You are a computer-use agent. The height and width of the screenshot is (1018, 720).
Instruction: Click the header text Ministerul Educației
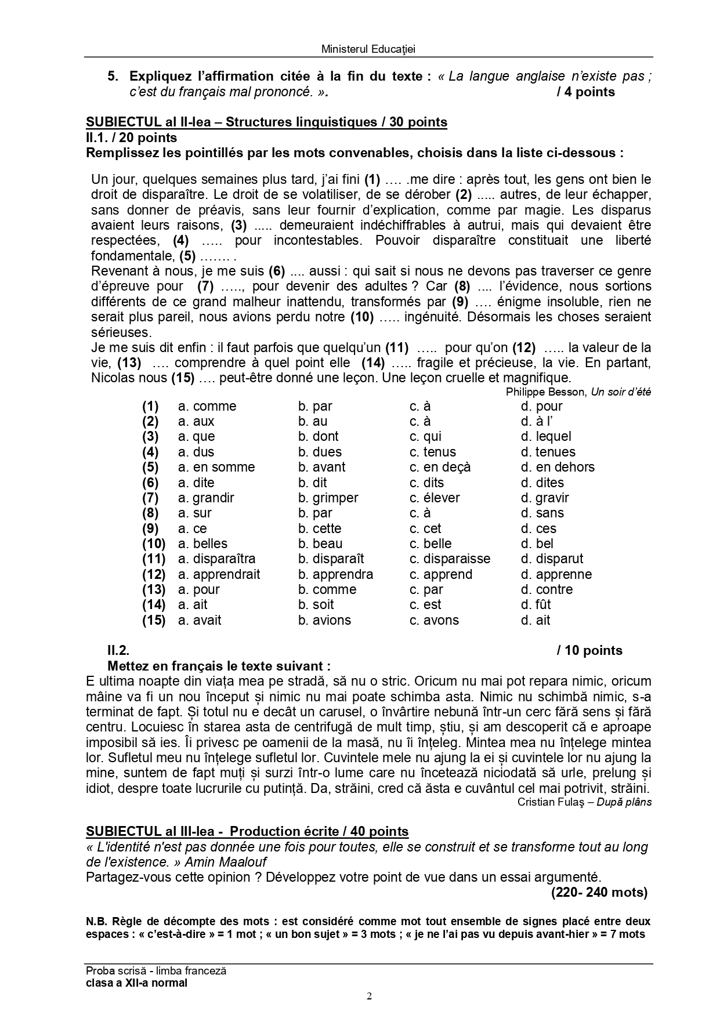point(368,49)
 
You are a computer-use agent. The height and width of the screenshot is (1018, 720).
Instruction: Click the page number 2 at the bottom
point(369,997)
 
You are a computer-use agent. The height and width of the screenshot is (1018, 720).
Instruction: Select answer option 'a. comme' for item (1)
point(207,406)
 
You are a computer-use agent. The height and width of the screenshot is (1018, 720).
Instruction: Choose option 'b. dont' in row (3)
point(318,436)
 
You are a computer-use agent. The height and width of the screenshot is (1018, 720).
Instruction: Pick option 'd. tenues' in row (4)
point(548,452)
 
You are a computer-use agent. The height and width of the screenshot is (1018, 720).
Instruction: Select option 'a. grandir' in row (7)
point(206,498)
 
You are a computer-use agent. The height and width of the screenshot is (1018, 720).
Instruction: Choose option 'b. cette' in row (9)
point(320,528)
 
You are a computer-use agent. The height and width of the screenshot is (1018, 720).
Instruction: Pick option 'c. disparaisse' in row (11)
point(450,559)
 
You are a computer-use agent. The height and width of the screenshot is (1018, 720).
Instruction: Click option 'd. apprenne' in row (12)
point(556,574)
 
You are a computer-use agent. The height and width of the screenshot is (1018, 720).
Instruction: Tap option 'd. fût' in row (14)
point(536,604)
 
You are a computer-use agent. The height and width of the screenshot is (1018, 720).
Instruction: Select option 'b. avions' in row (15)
point(324,620)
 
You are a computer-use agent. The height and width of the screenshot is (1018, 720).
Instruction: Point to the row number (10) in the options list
point(154,544)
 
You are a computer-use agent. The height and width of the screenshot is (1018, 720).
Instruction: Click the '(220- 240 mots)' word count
point(599,892)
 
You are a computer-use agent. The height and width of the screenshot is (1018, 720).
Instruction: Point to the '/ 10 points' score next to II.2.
point(589,650)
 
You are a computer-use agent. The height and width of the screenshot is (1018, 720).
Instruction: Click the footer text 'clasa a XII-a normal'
point(136,983)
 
